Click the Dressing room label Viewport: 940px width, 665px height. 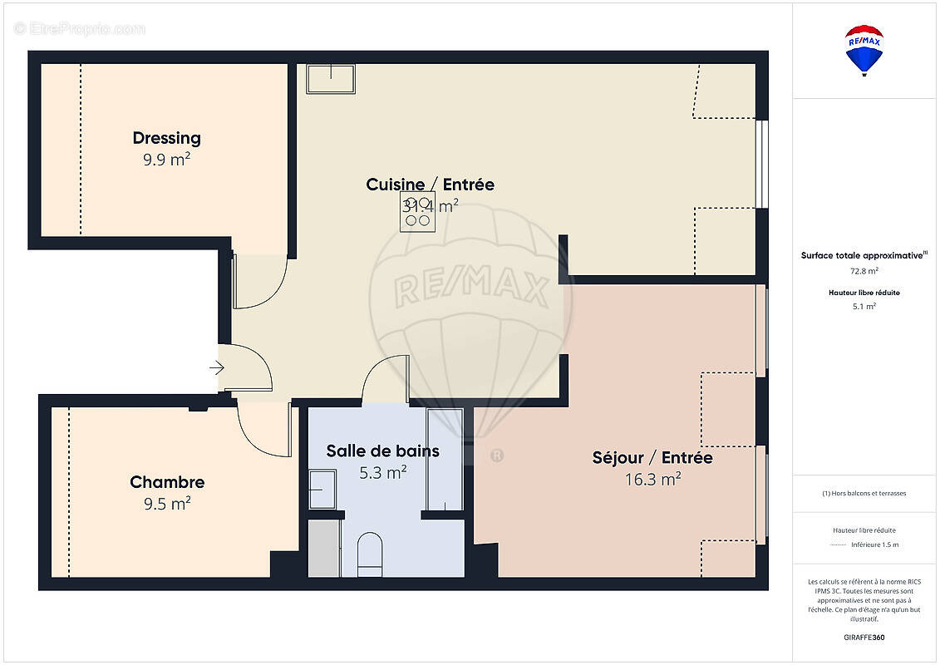click(x=166, y=138)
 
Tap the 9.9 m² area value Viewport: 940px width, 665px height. click(x=166, y=160)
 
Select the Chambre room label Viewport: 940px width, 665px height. click(x=167, y=482)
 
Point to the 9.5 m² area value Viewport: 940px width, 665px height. click(x=167, y=503)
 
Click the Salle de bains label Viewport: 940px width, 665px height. click(x=382, y=451)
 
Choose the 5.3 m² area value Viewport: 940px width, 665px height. click(x=382, y=473)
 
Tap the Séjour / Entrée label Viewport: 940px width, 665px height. click(x=652, y=458)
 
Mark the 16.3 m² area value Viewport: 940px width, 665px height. click(x=652, y=479)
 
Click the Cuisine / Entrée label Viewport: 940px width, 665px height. click(x=430, y=185)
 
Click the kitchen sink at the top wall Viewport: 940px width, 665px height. click(x=331, y=79)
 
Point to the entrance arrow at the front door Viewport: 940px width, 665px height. click(x=217, y=367)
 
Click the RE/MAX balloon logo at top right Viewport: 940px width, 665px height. click(x=864, y=50)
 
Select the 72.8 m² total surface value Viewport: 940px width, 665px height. click(x=864, y=270)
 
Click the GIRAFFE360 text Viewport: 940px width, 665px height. click(x=864, y=638)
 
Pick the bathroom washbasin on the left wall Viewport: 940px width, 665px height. click(x=322, y=489)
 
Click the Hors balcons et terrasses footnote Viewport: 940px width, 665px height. click(x=864, y=493)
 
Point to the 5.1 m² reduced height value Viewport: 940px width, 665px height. click(x=864, y=306)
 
